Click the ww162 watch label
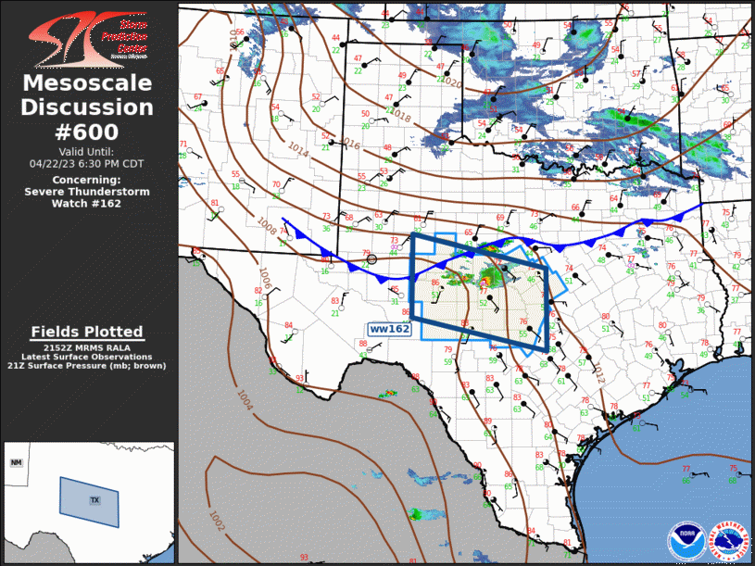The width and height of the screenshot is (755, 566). (x=390, y=329)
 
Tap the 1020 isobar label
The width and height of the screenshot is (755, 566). (x=451, y=83)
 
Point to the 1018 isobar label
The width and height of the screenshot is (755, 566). (x=400, y=115)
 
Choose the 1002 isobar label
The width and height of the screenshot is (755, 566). (x=217, y=523)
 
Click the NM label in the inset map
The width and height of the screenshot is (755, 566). (x=16, y=462)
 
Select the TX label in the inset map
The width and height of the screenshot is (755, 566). (x=94, y=500)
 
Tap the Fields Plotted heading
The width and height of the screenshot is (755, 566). (x=87, y=332)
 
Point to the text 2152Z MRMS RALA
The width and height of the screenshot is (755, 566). (x=87, y=346)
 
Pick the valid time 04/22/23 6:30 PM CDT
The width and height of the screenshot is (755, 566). (x=87, y=163)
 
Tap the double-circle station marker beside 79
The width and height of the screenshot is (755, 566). (x=373, y=259)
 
